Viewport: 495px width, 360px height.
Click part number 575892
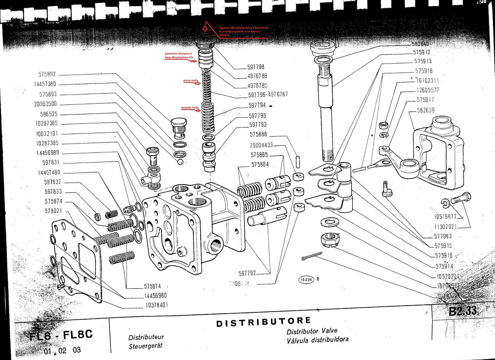pos(47,75)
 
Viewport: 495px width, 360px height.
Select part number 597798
pos(256,67)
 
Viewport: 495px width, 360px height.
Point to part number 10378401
pos(155,305)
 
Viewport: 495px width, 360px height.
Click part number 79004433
pos(261,145)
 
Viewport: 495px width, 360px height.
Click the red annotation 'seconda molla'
pos(190,108)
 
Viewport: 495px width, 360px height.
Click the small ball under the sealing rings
pos(180,162)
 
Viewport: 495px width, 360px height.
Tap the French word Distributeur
pos(146,337)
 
